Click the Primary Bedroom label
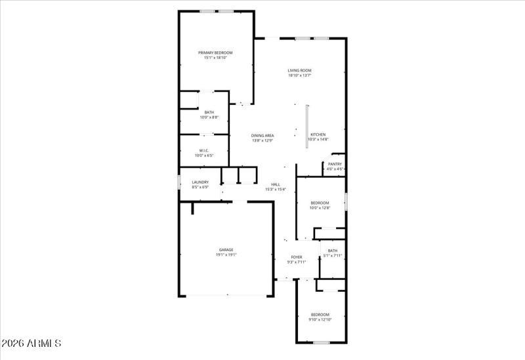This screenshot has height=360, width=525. (x=216, y=52)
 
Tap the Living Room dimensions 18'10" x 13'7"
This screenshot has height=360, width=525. (x=299, y=75)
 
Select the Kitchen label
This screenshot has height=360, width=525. (x=318, y=134)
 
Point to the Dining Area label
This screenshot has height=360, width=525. (x=262, y=135)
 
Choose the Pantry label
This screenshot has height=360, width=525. (x=335, y=164)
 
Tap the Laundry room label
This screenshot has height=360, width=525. (x=200, y=182)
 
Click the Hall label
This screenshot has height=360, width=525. (x=276, y=184)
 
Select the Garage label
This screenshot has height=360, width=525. (x=226, y=249)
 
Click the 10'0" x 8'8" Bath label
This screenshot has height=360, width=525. (x=209, y=112)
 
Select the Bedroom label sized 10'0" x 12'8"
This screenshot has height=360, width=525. (x=320, y=203)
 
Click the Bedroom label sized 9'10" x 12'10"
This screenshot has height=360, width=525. (x=320, y=314)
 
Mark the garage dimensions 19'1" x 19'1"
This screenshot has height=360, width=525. (x=226, y=254)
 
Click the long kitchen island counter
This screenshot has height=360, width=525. (x=306, y=127)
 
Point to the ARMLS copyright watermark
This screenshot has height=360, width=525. (x=31, y=343)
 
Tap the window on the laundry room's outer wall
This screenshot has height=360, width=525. (x=179, y=182)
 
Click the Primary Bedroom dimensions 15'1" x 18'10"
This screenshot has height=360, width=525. (x=216, y=58)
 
